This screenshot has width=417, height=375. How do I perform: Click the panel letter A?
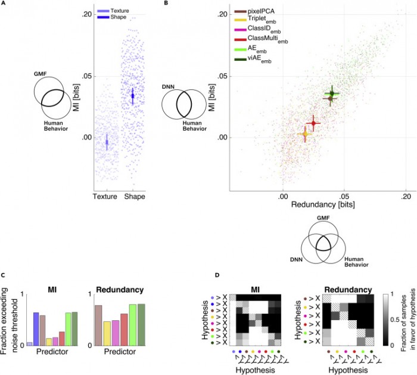(x=5, y=4)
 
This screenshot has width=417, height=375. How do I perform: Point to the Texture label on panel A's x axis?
(x=106, y=196)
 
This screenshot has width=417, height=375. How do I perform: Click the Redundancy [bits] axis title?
(x=316, y=204)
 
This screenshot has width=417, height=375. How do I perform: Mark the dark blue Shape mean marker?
(x=133, y=95)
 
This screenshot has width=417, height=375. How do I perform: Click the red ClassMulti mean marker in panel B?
(x=313, y=123)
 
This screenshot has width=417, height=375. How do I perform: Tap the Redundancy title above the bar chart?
(x=119, y=290)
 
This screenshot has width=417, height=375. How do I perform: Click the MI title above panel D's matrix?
(x=256, y=288)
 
